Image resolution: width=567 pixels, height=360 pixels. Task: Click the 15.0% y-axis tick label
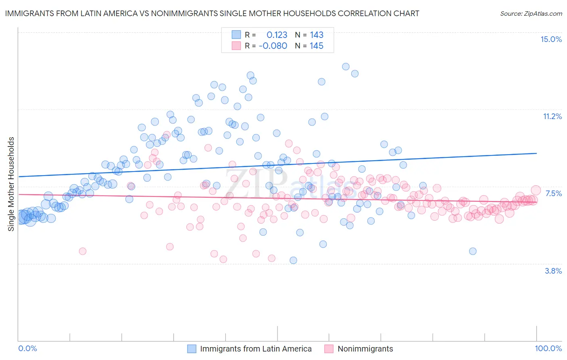tap(551, 39)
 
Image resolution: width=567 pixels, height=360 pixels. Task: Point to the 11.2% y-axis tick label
tap(552, 116)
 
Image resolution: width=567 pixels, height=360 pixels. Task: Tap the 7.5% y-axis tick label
tap(553, 193)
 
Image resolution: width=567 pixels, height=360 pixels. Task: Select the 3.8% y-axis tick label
tap(553, 271)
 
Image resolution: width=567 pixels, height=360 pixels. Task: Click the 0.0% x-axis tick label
tap(27, 348)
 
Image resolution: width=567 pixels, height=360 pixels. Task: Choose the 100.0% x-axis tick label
tap(548, 348)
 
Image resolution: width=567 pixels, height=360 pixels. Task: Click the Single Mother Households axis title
tap(11, 184)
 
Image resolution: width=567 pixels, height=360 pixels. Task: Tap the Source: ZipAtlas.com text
tap(531, 13)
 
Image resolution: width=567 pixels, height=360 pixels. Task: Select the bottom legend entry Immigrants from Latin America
tap(256, 349)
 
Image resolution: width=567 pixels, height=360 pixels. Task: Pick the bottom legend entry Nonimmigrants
tap(365, 349)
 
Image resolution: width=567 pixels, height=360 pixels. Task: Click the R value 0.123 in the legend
tap(277, 35)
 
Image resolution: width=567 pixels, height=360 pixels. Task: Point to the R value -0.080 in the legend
tap(273, 46)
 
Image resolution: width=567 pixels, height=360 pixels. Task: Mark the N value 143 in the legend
tap(317, 35)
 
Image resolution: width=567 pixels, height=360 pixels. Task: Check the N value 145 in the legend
tap(317, 46)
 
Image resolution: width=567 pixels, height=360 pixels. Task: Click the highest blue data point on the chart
tap(346, 67)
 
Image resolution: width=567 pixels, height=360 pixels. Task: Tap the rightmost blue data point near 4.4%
tap(473, 251)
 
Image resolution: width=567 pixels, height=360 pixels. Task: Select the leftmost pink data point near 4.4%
tap(83, 251)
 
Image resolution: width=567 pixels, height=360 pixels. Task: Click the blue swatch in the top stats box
tap(236, 35)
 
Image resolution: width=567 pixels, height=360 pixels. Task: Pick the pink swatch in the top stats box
tap(236, 46)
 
